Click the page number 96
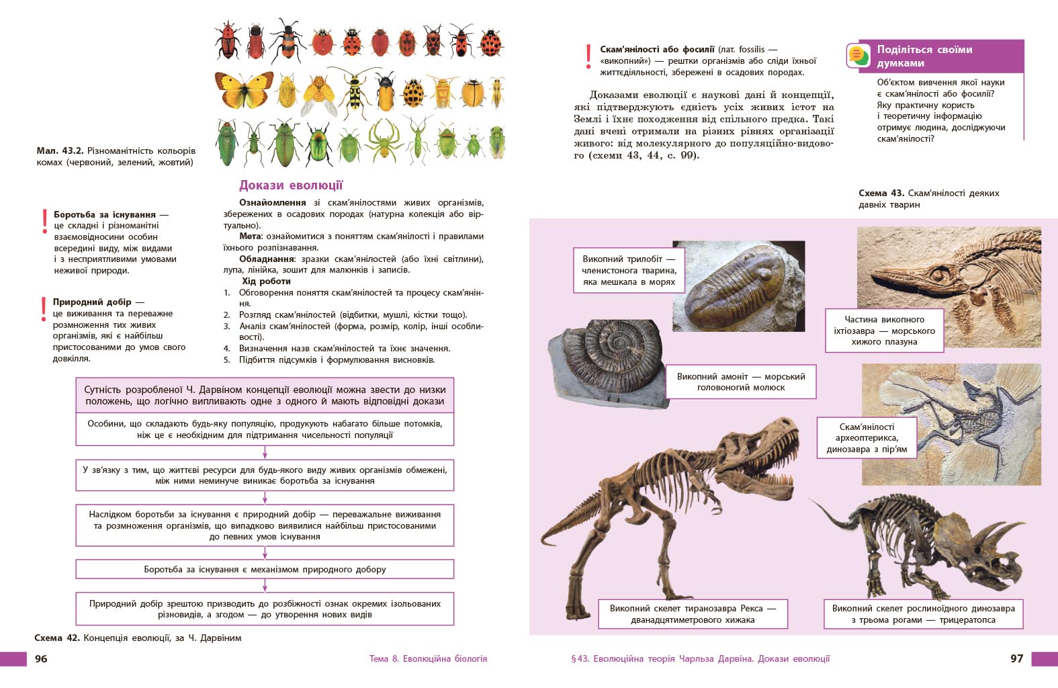tap(41, 658)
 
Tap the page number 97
tap(1016, 658)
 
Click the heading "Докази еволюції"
tap(291, 185)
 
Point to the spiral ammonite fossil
tap(608, 363)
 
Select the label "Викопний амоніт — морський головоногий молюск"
tap(741, 382)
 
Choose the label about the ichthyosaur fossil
tap(884, 331)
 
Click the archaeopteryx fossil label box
tap(867, 437)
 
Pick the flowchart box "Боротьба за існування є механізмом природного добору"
tap(265, 569)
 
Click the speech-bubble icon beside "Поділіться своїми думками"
tap(858, 56)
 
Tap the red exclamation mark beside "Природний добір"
tap(44, 308)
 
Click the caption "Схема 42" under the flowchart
tap(56, 638)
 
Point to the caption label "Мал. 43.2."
tap(60, 150)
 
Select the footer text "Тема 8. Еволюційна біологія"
tap(428, 658)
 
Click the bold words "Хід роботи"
tap(266, 281)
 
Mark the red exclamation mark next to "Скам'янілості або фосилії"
tap(588, 56)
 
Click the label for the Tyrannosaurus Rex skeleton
tap(693, 614)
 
